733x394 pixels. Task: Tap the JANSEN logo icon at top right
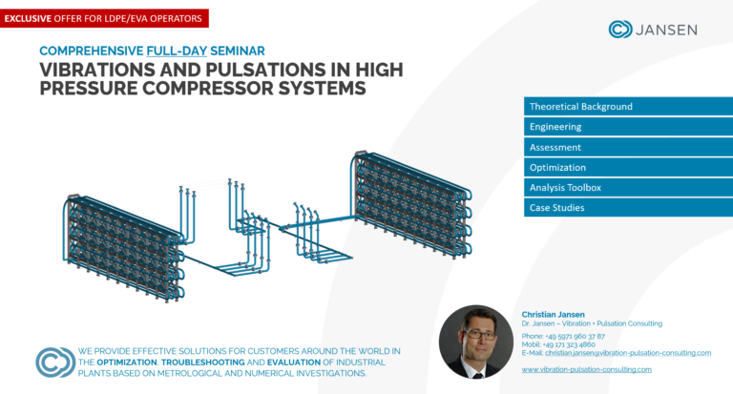tap(620, 30)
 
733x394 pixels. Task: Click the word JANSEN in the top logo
tap(667, 30)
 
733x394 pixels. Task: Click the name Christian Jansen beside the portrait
tap(553, 314)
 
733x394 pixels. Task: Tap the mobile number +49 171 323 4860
tap(571, 344)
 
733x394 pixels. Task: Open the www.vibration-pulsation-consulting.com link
tap(586, 368)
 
